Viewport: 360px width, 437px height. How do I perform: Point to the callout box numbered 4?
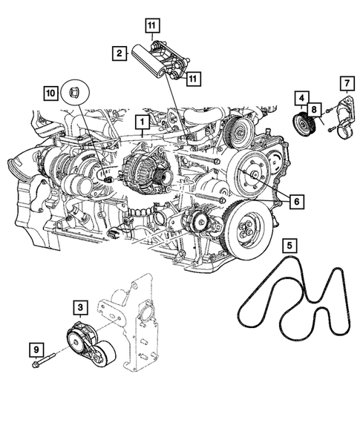click(302, 96)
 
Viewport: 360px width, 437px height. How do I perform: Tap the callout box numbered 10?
click(50, 93)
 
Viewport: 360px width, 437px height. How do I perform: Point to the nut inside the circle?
click(74, 93)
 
